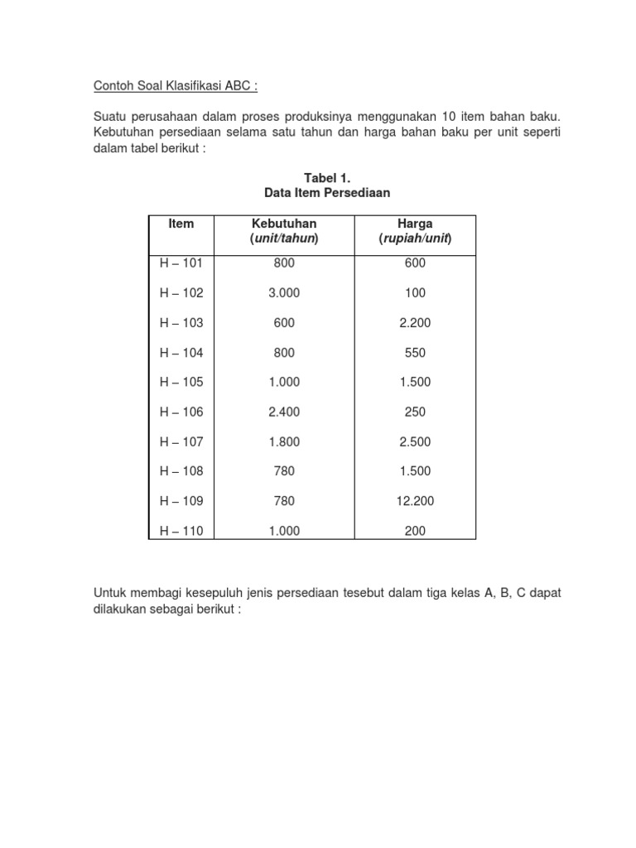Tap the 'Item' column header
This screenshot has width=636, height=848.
(x=181, y=224)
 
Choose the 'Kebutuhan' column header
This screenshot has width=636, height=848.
(x=283, y=224)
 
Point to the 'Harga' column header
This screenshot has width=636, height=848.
(x=415, y=224)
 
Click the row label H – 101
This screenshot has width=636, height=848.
(x=181, y=263)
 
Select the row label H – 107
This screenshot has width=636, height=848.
(x=181, y=442)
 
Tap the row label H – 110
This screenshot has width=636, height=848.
(x=181, y=532)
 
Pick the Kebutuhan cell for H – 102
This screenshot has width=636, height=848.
(x=283, y=293)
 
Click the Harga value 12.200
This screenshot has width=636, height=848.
(x=415, y=502)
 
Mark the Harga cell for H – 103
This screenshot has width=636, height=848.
(x=415, y=323)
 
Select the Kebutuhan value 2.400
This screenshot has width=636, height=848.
(x=283, y=412)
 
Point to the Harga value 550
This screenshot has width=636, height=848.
(x=415, y=353)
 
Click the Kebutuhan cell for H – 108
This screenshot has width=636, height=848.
(x=283, y=472)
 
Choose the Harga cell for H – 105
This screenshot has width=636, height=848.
(x=415, y=383)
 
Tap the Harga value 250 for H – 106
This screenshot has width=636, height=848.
(x=415, y=412)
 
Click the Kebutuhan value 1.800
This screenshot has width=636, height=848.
(x=283, y=442)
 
